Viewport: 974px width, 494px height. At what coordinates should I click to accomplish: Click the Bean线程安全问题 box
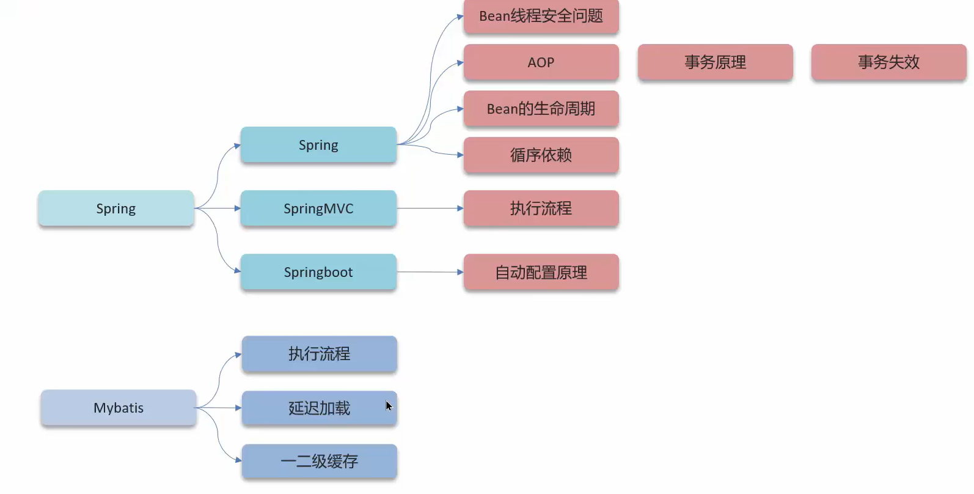tap(541, 17)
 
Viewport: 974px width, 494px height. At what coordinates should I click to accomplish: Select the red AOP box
tap(541, 62)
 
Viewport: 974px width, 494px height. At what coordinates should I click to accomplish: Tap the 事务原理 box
tap(715, 62)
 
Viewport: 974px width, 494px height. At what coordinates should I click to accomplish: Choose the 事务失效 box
tap(888, 62)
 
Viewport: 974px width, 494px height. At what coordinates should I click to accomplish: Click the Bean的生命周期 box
tap(541, 109)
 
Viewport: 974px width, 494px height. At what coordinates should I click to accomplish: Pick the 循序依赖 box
tap(541, 155)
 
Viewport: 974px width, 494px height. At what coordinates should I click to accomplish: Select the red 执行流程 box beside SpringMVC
tap(541, 208)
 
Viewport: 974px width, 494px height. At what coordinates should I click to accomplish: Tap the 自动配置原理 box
tap(541, 272)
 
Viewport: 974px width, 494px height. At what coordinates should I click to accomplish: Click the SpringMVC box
tap(318, 208)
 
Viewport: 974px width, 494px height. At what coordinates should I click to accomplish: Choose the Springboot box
tap(318, 272)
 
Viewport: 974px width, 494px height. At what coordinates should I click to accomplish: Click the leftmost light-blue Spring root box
tap(116, 208)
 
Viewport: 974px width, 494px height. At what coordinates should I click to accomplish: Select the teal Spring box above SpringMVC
tap(318, 145)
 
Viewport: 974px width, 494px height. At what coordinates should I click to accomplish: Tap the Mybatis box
tap(119, 408)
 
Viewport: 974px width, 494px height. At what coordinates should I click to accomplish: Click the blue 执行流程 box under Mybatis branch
tap(319, 354)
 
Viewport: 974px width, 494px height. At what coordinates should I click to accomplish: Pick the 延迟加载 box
tap(319, 408)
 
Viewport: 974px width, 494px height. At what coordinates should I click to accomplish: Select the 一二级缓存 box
tap(319, 462)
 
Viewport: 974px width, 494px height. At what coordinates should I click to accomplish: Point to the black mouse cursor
tap(389, 406)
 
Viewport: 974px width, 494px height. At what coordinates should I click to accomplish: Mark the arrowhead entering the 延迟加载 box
tap(238, 408)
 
